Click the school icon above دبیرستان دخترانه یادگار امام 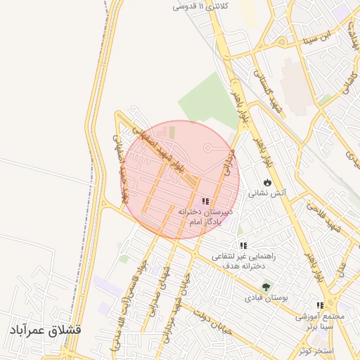click(205, 201)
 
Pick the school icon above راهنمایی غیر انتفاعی click(243, 245)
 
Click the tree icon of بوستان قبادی click(266, 286)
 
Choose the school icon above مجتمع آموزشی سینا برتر click(320, 305)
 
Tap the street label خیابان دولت click(209, 324)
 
